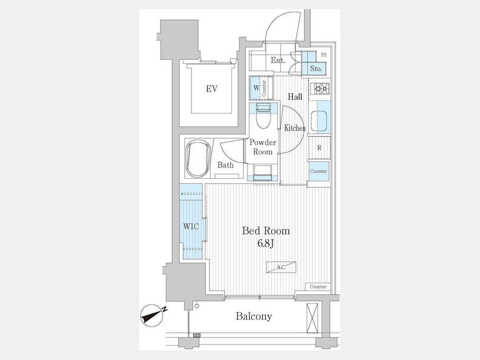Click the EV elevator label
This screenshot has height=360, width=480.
click(212, 89)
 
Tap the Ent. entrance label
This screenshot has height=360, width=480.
click(278, 60)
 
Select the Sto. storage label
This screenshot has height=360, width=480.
click(316, 69)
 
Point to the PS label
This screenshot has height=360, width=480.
click(324, 55)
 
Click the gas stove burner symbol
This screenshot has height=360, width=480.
click(320, 89)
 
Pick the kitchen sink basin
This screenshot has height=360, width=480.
click(319, 121)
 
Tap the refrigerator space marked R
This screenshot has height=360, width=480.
click(319, 148)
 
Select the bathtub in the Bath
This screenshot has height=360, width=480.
click(198, 158)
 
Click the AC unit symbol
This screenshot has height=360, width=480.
click(281, 267)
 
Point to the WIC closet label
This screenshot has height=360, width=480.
click(191, 227)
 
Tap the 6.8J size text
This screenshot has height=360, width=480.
click(266, 244)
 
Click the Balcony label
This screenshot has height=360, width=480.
click(254, 316)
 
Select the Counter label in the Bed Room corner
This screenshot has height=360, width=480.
click(318, 287)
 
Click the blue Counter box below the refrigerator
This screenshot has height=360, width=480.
click(318, 171)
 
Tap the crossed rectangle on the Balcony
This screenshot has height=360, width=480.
click(313, 318)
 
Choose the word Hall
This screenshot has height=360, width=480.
click(295, 97)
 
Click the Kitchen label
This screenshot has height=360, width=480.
click(295, 128)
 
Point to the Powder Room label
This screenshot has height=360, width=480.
click(262, 147)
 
